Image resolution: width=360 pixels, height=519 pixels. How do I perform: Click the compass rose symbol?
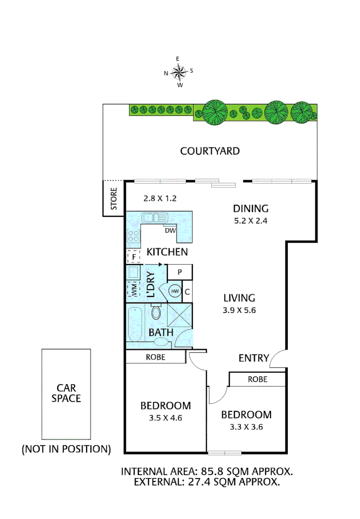179,73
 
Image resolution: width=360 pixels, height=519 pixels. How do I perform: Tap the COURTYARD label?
210,151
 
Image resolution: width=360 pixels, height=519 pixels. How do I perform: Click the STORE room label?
114,199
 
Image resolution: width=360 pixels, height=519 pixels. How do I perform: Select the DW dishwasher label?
170,230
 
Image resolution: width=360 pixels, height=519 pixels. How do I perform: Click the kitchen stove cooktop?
133,235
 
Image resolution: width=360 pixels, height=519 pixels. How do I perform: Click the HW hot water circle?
174,291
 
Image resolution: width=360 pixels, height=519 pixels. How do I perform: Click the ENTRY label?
253,358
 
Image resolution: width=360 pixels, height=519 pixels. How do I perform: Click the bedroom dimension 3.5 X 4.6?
165,418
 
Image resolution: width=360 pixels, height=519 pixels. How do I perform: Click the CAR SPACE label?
66,393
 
